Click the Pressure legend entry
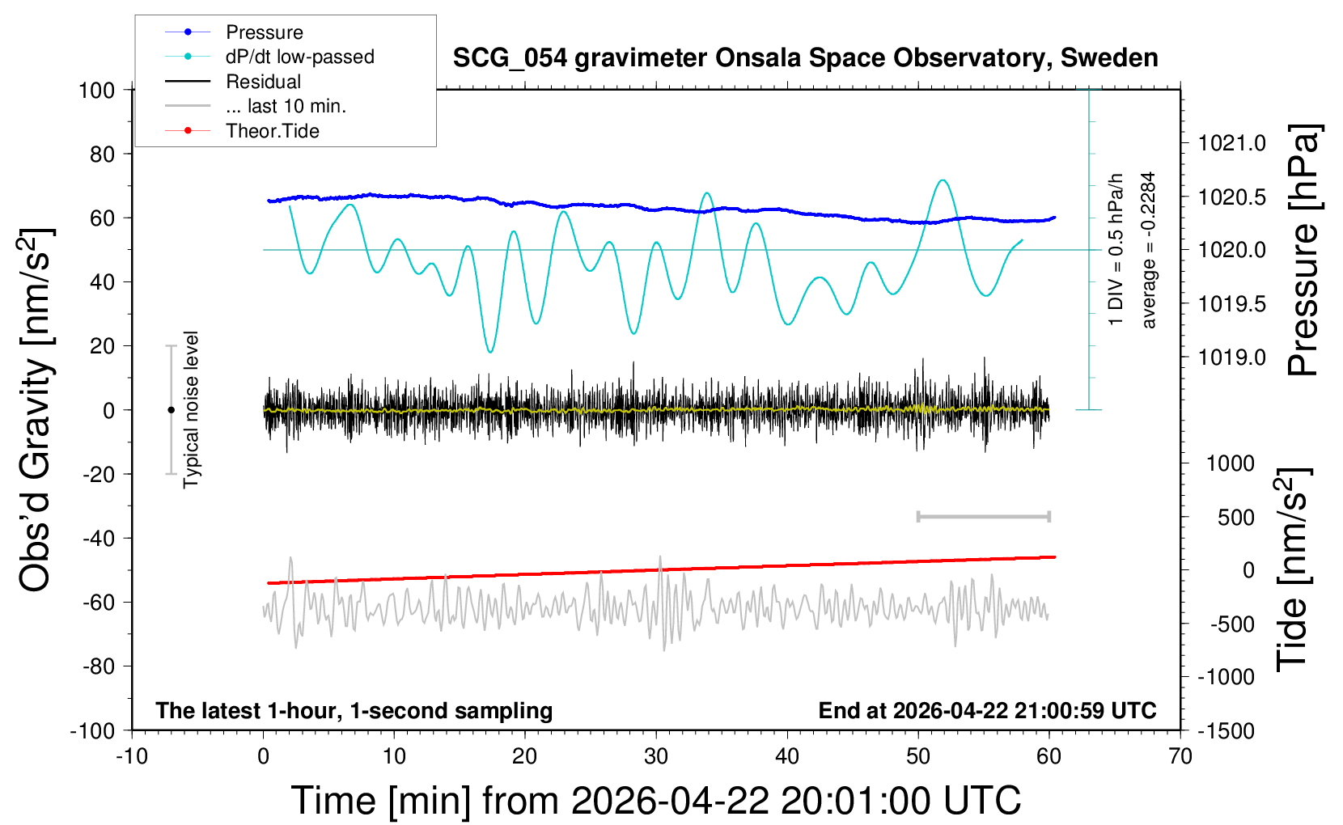(264, 32)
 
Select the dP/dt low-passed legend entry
(299, 57)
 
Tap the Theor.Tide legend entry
(272, 131)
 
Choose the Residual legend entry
(263, 82)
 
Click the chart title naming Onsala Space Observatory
(805, 58)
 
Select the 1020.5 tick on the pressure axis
(1232, 197)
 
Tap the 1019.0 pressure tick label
(1232, 357)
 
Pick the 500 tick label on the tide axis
(1236, 518)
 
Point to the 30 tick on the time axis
(656, 756)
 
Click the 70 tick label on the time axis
(1180, 756)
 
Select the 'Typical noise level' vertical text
(191, 409)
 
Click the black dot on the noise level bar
(171, 410)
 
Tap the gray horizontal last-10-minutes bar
(983, 516)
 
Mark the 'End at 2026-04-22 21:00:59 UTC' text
(987, 710)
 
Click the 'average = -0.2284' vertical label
(1149, 250)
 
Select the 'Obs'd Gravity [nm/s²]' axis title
(36, 409)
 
